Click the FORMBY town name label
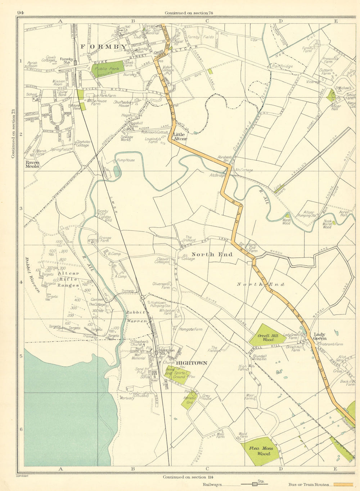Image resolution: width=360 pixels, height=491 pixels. click(103, 46)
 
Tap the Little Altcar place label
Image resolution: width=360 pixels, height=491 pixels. click(179, 137)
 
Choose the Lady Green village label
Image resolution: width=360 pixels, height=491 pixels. click(320, 336)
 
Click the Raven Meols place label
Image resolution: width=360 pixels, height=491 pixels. click(32, 165)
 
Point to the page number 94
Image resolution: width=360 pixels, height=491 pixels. click(20, 13)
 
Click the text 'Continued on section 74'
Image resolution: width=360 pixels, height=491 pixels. click(189, 13)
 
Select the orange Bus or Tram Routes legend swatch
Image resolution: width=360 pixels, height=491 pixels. click(343, 485)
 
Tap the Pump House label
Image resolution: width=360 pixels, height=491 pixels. click(125, 160)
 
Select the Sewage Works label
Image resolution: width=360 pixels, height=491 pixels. click(127, 139)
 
